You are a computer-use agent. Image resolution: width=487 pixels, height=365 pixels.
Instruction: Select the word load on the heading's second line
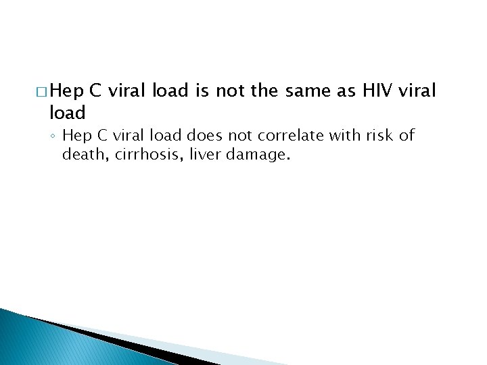click(67, 112)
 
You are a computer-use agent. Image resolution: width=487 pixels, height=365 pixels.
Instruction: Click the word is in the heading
click(202, 91)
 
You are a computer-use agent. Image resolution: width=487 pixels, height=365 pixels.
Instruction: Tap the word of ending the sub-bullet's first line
click(407, 136)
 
